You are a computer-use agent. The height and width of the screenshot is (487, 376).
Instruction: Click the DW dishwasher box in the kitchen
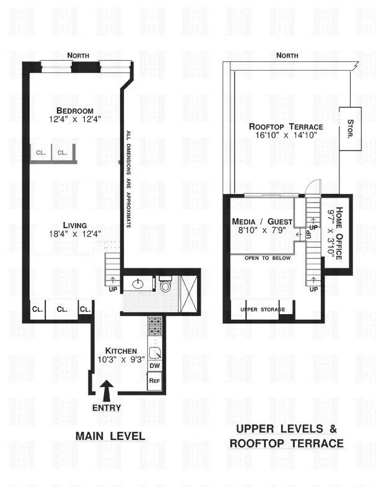(x=154, y=366)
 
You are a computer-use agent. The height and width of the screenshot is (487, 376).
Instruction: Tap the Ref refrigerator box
(x=154, y=380)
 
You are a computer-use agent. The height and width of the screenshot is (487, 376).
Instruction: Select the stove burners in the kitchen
(x=154, y=325)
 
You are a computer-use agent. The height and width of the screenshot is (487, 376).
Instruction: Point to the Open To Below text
(x=267, y=258)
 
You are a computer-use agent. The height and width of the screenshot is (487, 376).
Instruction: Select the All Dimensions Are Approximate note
(x=128, y=180)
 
